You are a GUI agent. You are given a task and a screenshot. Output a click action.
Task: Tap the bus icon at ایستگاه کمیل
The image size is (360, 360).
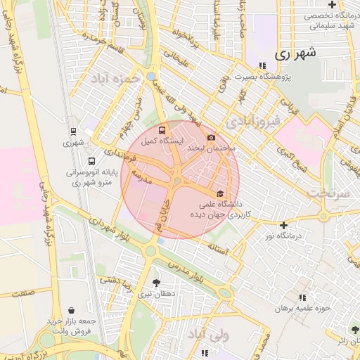coord(163,130)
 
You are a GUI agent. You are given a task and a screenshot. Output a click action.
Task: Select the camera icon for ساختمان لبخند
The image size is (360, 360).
coord(211,137)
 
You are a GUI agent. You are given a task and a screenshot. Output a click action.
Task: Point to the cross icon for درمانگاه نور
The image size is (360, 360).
coord(283,226)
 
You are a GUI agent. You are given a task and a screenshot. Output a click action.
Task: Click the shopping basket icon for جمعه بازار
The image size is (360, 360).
coord(72,310)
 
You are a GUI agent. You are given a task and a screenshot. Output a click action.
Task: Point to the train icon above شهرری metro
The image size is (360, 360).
coord(73,131)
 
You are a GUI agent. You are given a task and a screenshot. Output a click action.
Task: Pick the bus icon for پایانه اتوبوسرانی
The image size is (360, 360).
coord(91,160)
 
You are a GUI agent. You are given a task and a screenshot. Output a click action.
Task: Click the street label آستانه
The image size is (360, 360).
coord(219,247)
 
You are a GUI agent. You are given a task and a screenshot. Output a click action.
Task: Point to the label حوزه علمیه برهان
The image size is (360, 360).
coord(302,308)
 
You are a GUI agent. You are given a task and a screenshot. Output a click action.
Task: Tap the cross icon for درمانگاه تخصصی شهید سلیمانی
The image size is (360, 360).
coord(331,4)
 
